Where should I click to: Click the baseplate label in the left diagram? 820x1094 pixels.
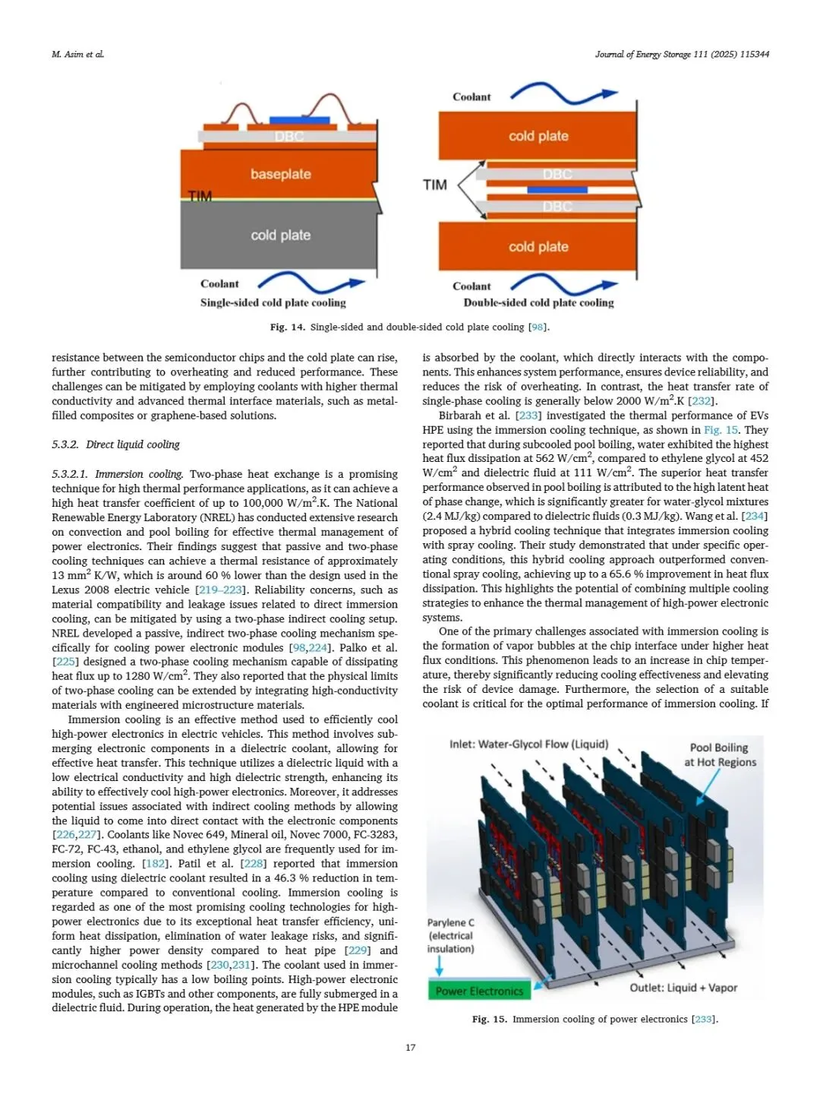[x=281, y=174]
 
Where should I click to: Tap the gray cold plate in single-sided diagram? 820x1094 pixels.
[x=280, y=236]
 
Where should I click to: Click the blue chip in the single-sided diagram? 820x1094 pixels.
[x=299, y=121]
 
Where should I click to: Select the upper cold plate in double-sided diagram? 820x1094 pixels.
[x=538, y=136]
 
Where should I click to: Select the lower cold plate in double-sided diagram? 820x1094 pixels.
[x=538, y=247]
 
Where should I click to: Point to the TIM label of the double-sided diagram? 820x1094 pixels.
[x=435, y=185]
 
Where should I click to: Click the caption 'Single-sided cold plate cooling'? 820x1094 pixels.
[x=273, y=302]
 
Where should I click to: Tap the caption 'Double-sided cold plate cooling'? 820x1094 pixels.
[x=538, y=302]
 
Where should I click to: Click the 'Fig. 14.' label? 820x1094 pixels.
[x=287, y=327]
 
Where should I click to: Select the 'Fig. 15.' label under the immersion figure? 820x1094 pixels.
[x=489, y=1019]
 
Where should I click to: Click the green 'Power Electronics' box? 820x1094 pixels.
[x=479, y=991]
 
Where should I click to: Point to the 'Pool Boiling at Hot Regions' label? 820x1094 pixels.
[x=720, y=754]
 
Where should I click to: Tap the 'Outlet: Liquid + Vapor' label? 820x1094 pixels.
[x=683, y=988]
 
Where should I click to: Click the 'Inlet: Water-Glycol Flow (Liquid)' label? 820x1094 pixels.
[x=528, y=744]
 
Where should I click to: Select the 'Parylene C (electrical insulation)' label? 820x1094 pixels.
[x=450, y=935]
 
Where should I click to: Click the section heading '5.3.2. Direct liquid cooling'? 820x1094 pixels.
[x=115, y=444]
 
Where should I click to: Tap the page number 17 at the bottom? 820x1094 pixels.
[x=410, y=1048]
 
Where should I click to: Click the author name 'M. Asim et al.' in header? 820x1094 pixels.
[x=77, y=54]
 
